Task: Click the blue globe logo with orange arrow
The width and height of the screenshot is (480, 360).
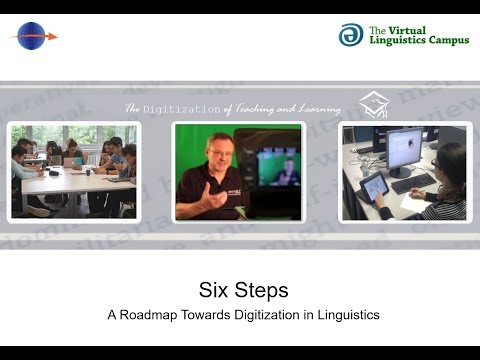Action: point(33,36)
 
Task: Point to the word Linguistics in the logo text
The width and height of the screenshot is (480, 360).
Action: point(392,43)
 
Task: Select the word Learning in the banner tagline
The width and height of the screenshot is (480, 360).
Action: point(315,108)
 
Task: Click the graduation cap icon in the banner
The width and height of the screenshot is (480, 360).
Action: point(374,104)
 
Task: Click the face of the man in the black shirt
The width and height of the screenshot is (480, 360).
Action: point(213,156)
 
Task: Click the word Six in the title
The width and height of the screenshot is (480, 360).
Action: point(207,291)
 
